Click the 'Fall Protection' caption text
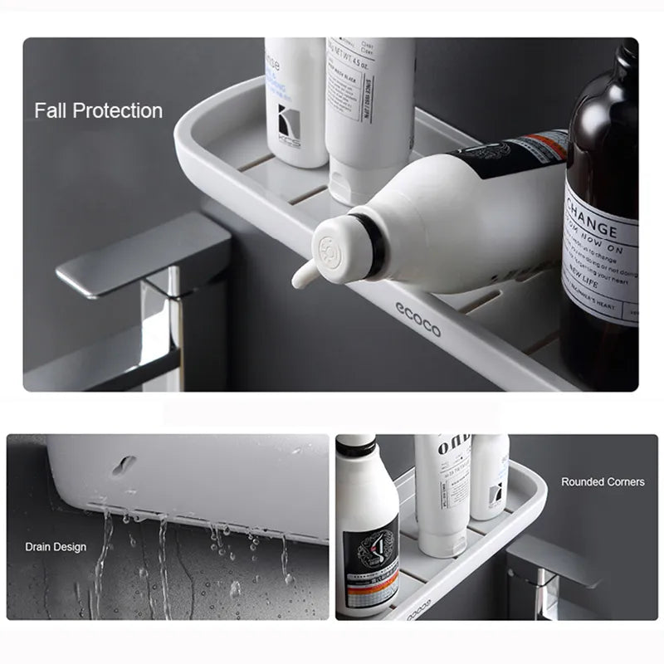coord(98,110)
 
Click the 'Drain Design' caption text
coord(55,546)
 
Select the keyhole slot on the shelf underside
coord(124,466)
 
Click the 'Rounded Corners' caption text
coord(603,481)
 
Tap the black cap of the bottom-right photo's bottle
coord(356,447)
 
